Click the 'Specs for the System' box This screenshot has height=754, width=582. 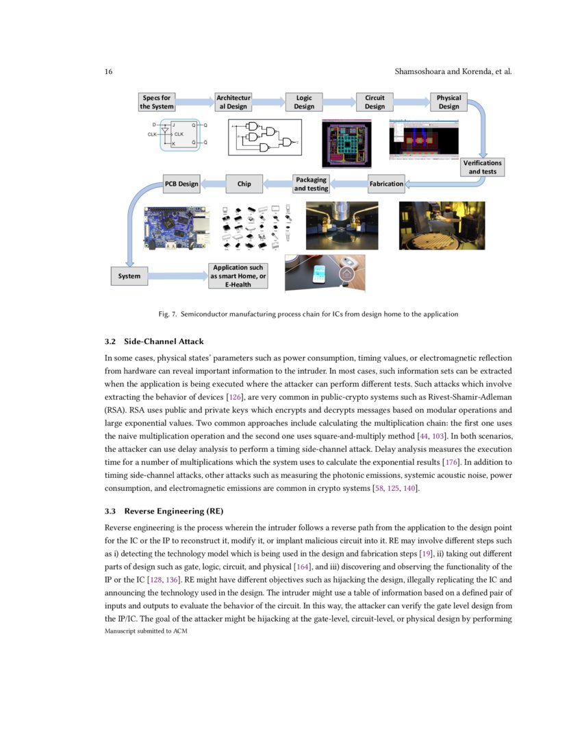(x=157, y=102)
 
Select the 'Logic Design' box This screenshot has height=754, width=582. (x=304, y=102)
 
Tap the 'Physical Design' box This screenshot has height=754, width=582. (x=448, y=102)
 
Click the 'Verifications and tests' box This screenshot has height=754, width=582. (x=483, y=167)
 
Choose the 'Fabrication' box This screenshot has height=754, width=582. (x=386, y=184)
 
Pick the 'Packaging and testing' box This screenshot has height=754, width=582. (x=312, y=184)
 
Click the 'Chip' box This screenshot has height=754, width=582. (x=244, y=184)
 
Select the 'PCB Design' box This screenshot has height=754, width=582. (x=181, y=184)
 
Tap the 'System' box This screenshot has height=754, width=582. (x=129, y=276)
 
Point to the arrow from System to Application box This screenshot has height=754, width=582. (x=177, y=276)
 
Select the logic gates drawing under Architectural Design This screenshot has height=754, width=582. (x=264, y=137)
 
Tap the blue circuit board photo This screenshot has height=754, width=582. (x=177, y=226)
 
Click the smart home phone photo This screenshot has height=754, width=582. (x=325, y=273)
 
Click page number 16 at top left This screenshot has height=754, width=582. (x=109, y=72)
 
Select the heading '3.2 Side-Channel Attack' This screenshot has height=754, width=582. (x=154, y=341)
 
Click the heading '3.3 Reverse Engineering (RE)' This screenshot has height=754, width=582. (x=164, y=511)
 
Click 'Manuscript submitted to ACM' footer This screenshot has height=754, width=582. (x=146, y=631)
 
